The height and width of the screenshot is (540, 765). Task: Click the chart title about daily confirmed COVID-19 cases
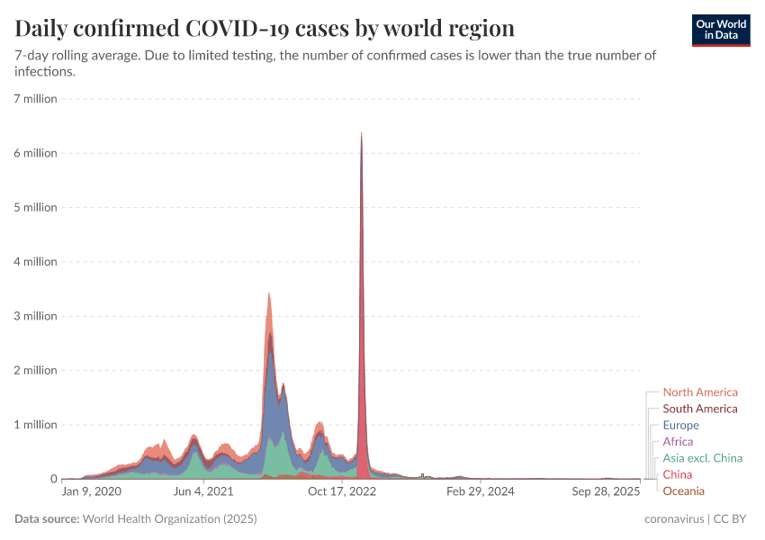point(265,28)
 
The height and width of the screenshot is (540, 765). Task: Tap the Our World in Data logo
point(721,30)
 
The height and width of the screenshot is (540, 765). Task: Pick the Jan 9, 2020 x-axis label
point(91,491)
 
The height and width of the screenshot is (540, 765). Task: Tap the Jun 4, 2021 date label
point(203,491)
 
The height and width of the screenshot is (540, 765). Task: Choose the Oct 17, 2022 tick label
point(342,491)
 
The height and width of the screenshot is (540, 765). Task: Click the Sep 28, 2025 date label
point(606,491)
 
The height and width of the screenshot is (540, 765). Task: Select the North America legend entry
point(699,392)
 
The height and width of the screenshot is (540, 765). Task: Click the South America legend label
point(699,409)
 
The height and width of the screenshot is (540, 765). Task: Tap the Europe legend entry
point(680,425)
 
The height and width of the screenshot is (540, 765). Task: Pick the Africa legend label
point(678,442)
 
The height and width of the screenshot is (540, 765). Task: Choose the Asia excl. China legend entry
point(702,458)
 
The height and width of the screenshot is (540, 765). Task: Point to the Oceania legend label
point(683,490)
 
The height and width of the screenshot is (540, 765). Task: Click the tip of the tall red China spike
point(361,133)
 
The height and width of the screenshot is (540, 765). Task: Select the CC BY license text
point(733,519)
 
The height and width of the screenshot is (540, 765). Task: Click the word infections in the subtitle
point(43,72)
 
